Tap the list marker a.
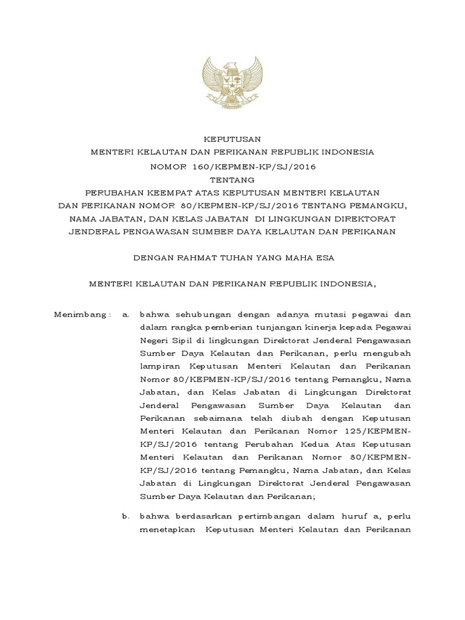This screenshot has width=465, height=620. click(126, 314)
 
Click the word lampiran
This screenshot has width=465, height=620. click(159, 368)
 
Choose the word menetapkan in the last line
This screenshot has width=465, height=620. click(166, 528)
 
